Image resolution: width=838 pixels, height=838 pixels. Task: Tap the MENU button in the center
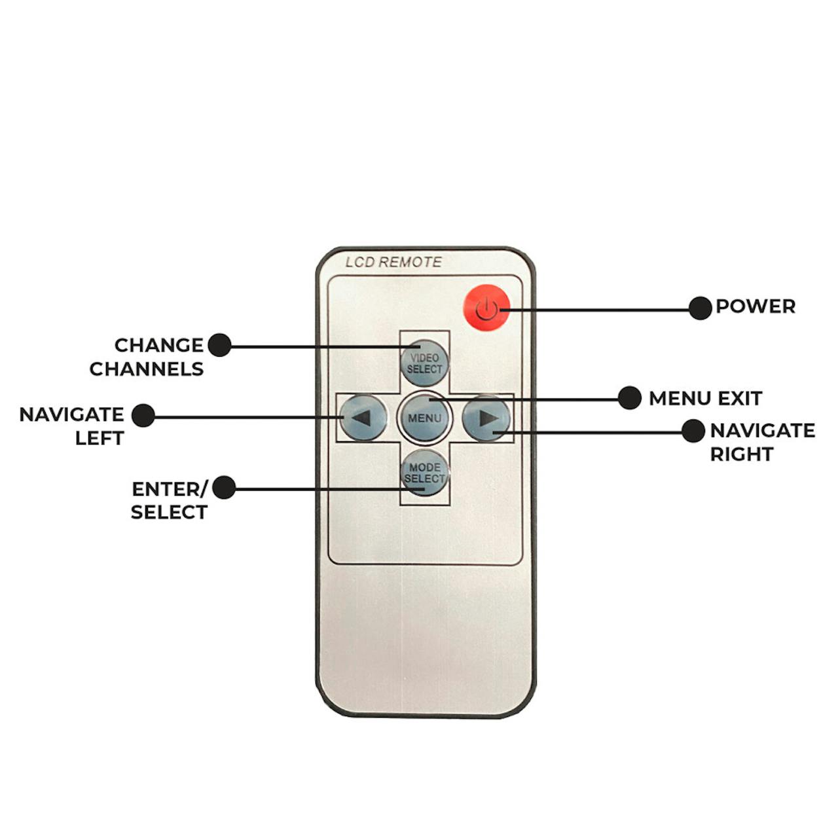tap(425, 418)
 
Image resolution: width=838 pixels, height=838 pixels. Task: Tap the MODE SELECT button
tap(425, 473)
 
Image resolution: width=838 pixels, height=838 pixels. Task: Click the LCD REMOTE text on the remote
tap(393, 263)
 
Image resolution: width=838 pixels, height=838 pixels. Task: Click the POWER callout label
tap(756, 306)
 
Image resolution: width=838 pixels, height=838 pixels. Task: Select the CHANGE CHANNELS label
tap(147, 357)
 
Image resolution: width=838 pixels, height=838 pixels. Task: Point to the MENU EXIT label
tap(705, 398)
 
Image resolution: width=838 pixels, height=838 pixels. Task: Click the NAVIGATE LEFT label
tap(72, 426)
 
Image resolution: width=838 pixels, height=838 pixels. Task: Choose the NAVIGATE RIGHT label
tap(763, 443)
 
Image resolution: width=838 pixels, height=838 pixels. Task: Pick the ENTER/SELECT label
tap(170, 501)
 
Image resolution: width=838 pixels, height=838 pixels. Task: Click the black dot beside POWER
tap(701, 308)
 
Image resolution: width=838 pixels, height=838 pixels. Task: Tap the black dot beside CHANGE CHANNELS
tap(219, 345)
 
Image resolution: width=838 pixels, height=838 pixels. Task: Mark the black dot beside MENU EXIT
tap(630, 397)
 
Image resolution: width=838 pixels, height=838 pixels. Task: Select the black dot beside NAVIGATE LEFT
tap(143, 415)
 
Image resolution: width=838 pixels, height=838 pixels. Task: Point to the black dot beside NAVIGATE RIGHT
tap(693, 431)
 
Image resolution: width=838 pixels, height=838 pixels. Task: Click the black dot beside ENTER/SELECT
tap(224, 487)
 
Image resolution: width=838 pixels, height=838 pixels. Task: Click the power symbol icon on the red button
tap(486, 309)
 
